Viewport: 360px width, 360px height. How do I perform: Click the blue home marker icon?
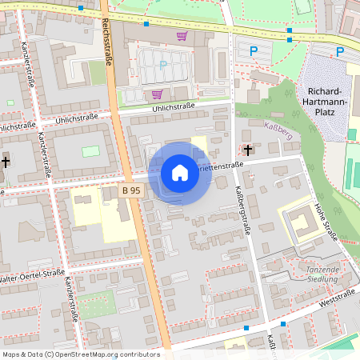pyautogui.click(x=180, y=173)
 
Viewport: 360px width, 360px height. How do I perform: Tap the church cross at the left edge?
pyautogui.click(x=6, y=161)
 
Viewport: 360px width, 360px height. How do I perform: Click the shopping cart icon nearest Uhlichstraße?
pyautogui.click(x=157, y=94)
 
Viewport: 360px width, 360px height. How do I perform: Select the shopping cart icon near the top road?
pyautogui.click(x=182, y=36)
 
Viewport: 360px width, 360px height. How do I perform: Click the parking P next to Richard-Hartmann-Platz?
pyautogui.click(x=340, y=52)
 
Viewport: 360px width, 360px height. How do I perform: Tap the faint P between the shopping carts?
pyautogui.click(x=164, y=65)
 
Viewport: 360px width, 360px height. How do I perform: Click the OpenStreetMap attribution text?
pyautogui.click(x=81, y=354)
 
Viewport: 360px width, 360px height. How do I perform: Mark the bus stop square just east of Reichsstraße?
pyautogui.click(x=146, y=24)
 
